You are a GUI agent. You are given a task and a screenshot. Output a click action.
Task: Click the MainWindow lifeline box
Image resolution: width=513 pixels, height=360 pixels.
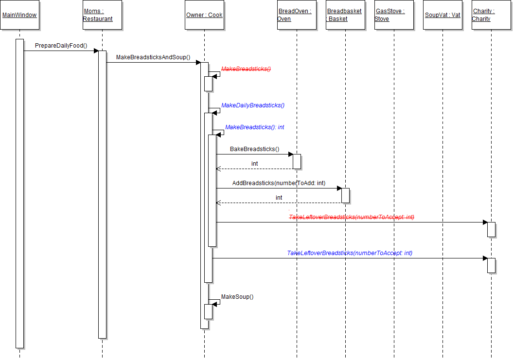coord(19,15)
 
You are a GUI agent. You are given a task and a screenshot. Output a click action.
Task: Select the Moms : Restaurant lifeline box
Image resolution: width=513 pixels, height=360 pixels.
coord(102,15)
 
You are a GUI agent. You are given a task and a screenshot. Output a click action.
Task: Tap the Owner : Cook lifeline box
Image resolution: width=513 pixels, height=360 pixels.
coord(204,15)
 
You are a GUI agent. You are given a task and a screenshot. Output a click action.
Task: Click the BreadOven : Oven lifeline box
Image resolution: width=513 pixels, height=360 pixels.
coord(297,15)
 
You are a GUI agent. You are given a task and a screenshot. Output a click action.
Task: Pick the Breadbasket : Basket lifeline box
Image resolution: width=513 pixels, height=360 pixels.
coord(345,15)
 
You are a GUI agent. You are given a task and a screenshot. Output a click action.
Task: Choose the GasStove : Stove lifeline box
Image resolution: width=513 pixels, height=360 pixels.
coord(394,15)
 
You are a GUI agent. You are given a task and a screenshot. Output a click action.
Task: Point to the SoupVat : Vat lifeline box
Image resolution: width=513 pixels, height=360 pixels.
coord(442,15)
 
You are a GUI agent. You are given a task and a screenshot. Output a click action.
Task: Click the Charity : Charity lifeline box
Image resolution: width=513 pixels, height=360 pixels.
coord(491,15)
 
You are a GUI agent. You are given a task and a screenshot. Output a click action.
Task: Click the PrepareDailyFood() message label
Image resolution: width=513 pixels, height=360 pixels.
coord(61,46)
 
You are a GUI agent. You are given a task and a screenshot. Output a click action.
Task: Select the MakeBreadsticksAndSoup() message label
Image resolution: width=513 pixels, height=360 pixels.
coord(153,58)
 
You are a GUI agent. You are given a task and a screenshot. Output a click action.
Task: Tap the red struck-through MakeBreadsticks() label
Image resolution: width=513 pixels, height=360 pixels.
coord(246,69)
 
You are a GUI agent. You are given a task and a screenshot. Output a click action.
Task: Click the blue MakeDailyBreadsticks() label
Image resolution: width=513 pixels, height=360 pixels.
coord(253,105)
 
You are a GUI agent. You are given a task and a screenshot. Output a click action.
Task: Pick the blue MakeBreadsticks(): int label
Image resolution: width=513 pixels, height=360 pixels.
coord(255,127)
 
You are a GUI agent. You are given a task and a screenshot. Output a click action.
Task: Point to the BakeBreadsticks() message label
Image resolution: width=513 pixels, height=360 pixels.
coord(255,149)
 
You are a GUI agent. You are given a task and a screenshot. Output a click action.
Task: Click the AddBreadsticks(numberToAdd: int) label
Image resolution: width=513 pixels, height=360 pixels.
coord(279,183)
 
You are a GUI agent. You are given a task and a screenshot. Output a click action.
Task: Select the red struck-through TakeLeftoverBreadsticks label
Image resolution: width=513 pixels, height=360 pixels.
coord(352,217)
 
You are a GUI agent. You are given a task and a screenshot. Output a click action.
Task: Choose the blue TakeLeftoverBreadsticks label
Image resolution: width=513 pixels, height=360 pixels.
coord(350,253)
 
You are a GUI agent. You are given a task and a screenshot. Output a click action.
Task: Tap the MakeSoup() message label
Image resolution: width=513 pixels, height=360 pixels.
coord(237,297)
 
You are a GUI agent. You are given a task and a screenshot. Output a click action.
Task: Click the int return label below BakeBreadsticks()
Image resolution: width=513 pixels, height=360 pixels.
coord(255,164)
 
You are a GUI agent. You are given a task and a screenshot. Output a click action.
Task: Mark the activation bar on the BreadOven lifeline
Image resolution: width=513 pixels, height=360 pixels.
coord(297,161)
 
